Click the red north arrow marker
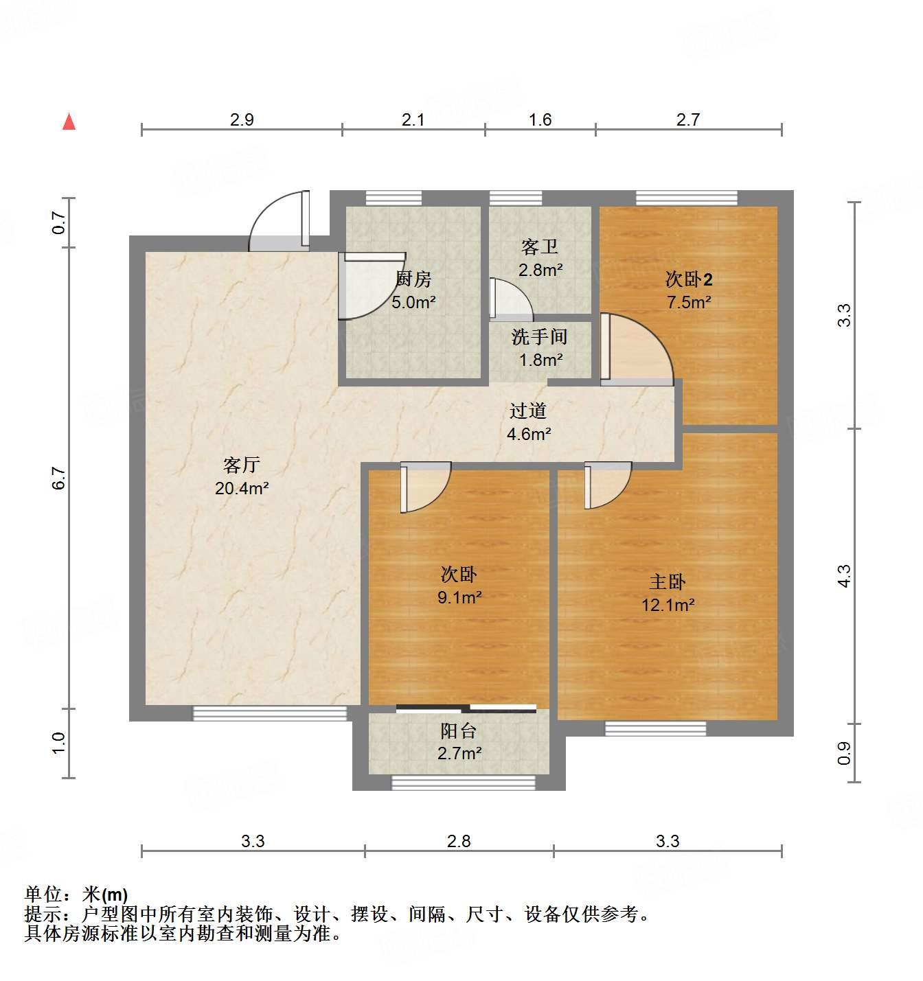tap(69, 122)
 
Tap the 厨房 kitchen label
tap(413, 290)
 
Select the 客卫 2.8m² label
tap(540, 258)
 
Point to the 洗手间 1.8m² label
tap(540, 348)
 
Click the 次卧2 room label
tap(689, 290)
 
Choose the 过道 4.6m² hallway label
tap(528, 422)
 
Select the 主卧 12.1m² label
tap(668, 593)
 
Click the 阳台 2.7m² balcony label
tap(459, 742)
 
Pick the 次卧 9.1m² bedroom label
tap(459, 586)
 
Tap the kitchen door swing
tap(367, 285)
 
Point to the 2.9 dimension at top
tap(242, 119)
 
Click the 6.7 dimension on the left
tap(59, 478)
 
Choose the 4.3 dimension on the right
tap(844, 575)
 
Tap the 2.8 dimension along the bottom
tap(459, 841)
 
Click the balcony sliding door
tap(466, 708)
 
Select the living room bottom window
tap(270, 713)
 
